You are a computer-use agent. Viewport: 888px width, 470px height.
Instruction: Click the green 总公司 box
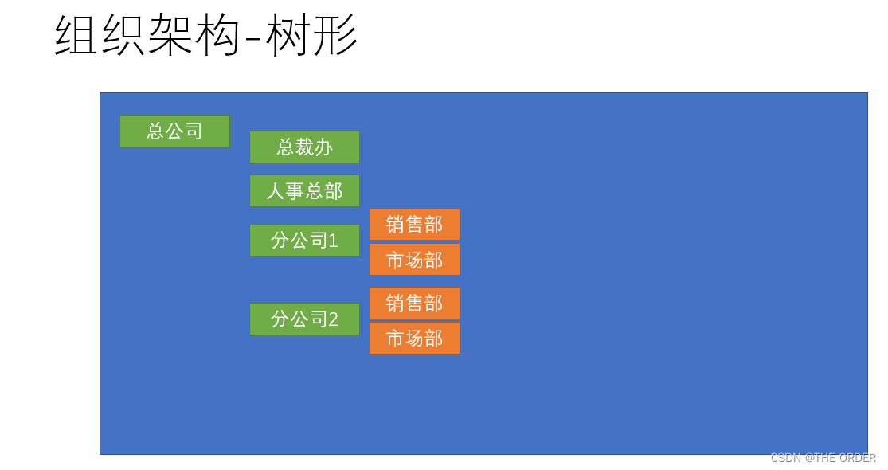tap(174, 131)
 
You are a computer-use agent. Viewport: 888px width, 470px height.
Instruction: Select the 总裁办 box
tap(304, 147)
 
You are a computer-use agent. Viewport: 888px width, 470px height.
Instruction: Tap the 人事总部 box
tap(304, 191)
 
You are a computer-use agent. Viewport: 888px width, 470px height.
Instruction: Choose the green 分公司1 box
tap(304, 240)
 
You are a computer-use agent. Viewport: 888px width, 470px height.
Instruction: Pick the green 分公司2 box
tap(304, 319)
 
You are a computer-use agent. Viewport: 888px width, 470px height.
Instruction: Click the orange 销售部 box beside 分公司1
tap(414, 224)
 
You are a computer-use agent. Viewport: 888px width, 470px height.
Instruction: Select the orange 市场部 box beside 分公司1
tap(414, 260)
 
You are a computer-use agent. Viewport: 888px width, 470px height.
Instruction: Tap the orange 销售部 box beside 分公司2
tap(414, 303)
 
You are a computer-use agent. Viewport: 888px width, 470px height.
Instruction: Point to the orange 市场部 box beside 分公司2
tap(414, 339)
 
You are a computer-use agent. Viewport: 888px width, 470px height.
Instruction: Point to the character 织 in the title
tap(125, 36)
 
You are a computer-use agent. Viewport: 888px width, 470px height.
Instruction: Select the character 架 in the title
tap(171, 36)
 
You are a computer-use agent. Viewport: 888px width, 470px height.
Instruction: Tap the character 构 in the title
tap(217, 36)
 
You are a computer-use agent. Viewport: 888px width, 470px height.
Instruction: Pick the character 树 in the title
tap(288, 36)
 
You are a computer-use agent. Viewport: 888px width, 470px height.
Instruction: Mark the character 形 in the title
tap(335, 36)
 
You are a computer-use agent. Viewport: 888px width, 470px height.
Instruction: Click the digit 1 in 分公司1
tap(333, 240)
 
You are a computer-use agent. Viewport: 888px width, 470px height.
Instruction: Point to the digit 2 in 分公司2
tap(333, 319)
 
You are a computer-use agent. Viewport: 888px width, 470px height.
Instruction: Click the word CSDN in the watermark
tap(785, 458)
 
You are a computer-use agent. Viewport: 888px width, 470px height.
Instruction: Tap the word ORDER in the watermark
tap(857, 458)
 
